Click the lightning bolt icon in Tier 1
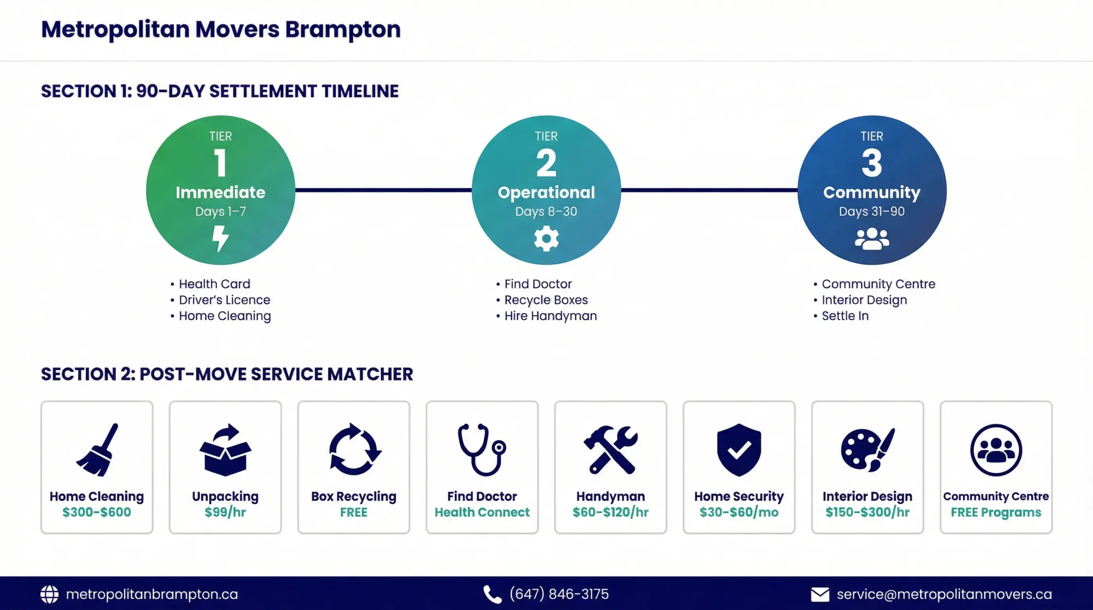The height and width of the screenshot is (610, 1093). [x=221, y=239]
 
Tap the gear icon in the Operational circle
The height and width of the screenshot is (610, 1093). [x=546, y=239]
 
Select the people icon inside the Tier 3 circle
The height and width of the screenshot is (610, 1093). [x=872, y=239]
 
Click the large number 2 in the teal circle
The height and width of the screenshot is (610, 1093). [x=546, y=163]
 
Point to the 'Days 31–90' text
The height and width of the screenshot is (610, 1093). [x=872, y=211]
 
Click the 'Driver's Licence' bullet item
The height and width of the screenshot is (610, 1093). [x=225, y=300]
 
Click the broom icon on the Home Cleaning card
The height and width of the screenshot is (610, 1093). [x=97, y=449]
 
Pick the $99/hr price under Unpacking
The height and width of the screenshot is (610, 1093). [x=225, y=512]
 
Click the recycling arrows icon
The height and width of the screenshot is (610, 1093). [x=354, y=449]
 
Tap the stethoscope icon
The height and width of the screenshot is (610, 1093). [x=482, y=449]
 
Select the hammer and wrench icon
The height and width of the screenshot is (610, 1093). [x=611, y=450]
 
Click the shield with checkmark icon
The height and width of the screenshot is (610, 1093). [x=739, y=450]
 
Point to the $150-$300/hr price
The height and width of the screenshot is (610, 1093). [x=868, y=512]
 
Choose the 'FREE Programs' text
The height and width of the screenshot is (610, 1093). [x=996, y=512]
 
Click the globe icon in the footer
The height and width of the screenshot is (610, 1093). [x=50, y=594]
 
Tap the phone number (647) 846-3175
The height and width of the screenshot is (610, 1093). [x=559, y=594]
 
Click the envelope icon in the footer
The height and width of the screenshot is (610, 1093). [x=820, y=595]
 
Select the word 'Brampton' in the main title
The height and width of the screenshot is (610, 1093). [x=343, y=30]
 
